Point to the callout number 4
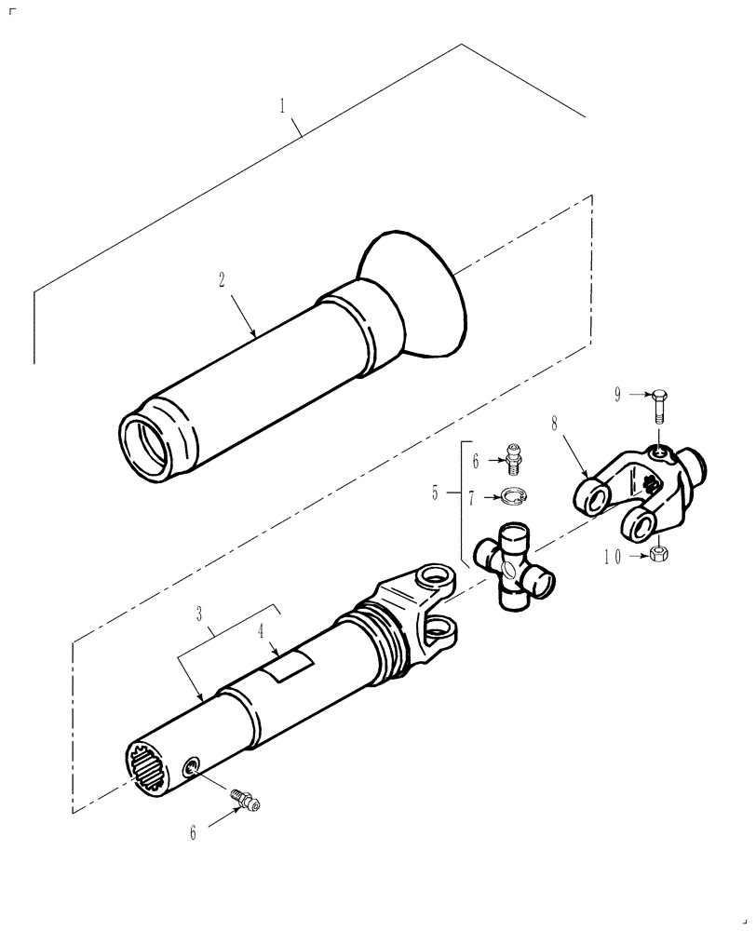262,630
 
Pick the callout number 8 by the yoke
556,423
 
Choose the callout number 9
617,396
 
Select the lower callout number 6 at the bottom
194,833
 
